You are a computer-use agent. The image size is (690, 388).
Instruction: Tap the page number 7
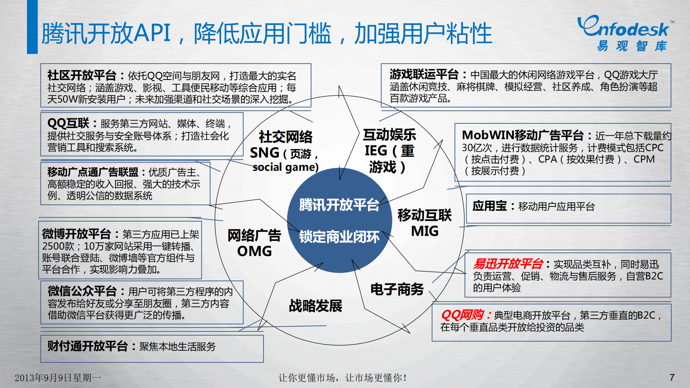point(672,377)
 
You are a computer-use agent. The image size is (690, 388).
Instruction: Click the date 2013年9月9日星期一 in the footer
point(58,378)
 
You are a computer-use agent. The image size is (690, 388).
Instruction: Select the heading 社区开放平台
point(82,75)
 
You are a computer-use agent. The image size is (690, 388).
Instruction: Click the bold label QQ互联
point(68,123)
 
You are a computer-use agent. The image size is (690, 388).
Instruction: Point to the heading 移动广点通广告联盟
point(93,172)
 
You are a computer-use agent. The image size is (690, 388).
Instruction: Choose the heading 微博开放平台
point(76,234)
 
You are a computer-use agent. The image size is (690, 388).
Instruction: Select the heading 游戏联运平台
point(424,74)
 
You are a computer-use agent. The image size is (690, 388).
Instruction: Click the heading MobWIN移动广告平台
point(522,135)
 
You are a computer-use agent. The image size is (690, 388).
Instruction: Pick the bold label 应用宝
point(489,206)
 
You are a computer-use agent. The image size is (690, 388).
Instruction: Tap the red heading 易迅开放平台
point(508,264)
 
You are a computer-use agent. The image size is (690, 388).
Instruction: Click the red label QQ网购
point(462,315)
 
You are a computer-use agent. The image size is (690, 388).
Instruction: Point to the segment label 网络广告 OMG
point(254,243)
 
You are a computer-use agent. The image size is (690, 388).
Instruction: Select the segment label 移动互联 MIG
point(425,223)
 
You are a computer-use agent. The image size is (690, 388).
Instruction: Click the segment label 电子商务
point(397,289)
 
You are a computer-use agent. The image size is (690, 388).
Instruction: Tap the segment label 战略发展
point(315,306)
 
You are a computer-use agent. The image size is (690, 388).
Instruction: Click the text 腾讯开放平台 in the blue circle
point(339,205)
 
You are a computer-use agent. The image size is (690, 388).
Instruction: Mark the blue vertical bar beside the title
point(32,27)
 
